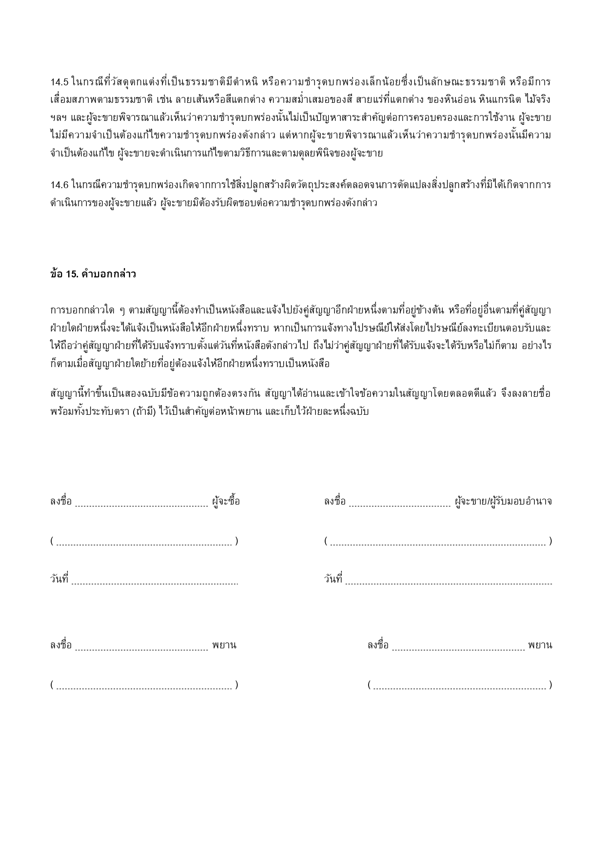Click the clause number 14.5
59,81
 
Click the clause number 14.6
59,185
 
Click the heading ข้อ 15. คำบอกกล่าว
93,274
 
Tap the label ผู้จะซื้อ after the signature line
226,501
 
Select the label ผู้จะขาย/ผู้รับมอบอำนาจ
503,501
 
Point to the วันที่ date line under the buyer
155,582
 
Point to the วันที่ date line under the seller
449,582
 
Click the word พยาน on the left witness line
224,645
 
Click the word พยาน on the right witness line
540,645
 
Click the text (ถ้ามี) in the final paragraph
144,411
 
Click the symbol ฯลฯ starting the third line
56,117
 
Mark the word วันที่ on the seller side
333,579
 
